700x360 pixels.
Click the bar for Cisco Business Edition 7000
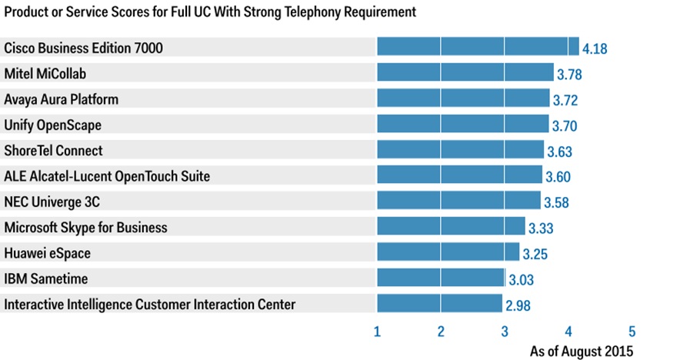[x=478, y=48]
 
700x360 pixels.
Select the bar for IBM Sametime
[x=441, y=278]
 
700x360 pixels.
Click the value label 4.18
[x=595, y=49]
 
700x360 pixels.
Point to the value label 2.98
[x=518, y=305]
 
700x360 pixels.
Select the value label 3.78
[x=569, y=75]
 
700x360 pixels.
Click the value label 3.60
[x=558, y=177]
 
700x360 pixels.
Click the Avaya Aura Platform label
[x=62, y=99]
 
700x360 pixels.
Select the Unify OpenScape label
[x=52, y=125]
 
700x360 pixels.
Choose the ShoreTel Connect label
[x=53, y=150]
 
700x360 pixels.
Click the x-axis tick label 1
[x=377, y=332]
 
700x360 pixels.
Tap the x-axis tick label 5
[x=632, y=332]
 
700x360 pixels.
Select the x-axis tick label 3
[x=505, y=332]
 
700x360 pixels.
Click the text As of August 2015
[x=582, y=351]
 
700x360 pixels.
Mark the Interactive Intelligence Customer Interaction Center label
[x=149, y=304]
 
